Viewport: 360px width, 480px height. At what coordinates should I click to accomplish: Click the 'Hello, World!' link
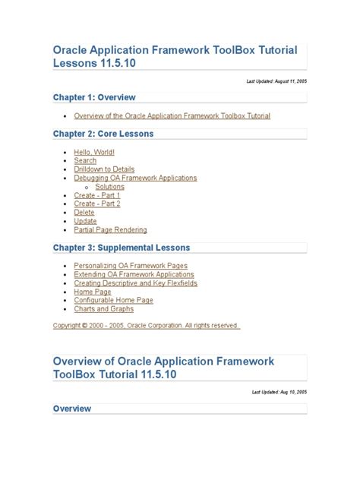click(x=94, y=152)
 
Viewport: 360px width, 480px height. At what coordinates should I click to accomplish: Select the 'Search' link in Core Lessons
click(x=85, y=161)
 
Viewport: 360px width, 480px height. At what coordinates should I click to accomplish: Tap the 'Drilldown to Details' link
click(x=104, y=169)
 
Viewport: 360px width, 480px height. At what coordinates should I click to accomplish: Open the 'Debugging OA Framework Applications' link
click(x=135, y=178)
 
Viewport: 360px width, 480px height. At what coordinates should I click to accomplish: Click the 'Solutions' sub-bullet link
click(x=110, y=187)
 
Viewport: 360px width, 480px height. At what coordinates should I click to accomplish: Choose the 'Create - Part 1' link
click(x=97, y=195)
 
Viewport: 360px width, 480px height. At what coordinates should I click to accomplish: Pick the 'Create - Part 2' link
click(x=97, y=204)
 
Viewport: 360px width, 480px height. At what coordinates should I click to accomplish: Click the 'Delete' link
click(x=84, y=213)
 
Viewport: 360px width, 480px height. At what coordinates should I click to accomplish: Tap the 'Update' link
click(x=85, y=221)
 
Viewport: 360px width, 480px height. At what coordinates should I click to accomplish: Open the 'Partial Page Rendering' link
click(x=110, y=229)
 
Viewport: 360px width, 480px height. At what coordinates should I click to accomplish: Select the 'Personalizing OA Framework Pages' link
click(x=131, y=266)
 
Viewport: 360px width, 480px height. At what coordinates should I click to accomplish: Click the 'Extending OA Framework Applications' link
click(x=134, y=274)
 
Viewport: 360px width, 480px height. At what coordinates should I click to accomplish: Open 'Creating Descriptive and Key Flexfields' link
click(x=135, y=283)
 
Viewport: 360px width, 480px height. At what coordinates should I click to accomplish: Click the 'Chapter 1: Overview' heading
click(x=94, y=97)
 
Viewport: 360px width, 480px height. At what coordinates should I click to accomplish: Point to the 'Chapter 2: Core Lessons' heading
click(x=103, y=134)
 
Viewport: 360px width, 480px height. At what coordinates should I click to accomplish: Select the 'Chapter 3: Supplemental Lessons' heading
click(x=122, y=248)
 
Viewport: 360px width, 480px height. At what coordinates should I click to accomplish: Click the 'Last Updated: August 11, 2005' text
click(x=278, y=80)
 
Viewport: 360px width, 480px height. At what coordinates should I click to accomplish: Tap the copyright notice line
click(x=146, y=326)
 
